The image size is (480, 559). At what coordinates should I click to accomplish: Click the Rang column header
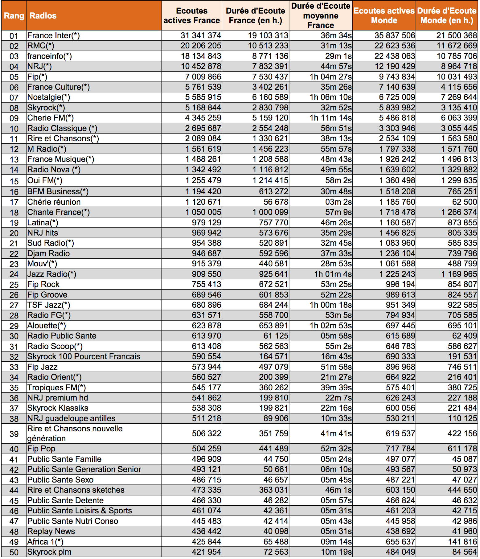(x=14, y=16)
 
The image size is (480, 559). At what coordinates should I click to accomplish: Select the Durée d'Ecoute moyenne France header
(x=321, y=16)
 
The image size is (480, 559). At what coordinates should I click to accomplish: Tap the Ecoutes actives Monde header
(x=384, y=16)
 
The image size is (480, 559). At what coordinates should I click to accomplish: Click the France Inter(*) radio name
(x=53, y=35)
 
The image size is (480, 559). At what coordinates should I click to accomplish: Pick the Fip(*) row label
(x=37, y=77)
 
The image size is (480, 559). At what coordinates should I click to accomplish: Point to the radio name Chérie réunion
(x=54, y=202)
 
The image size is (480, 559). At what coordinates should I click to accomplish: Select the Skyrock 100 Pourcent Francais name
(x=84, y=356)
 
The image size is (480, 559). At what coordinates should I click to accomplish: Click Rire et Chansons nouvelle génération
(x=75, y=434)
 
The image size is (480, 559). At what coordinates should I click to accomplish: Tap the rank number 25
(x=14, y=285)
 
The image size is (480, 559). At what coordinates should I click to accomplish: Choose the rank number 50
(x=14, y=552)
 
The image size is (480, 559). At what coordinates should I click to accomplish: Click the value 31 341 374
(x=201, y=35)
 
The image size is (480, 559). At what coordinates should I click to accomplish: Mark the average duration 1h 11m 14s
(x=330, y=118)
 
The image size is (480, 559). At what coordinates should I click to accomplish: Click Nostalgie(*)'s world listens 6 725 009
(x=397, y=97)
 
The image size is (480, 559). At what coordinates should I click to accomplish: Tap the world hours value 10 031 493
(x=457, y=77)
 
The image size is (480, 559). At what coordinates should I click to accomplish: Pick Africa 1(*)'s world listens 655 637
(x=400, y=542)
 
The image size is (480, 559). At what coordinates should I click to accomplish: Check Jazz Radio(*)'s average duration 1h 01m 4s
(x=333, y=274)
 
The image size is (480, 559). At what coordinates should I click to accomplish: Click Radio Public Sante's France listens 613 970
(x=206, y=336)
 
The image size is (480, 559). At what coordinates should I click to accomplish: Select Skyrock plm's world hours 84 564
(x=465, y=552)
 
